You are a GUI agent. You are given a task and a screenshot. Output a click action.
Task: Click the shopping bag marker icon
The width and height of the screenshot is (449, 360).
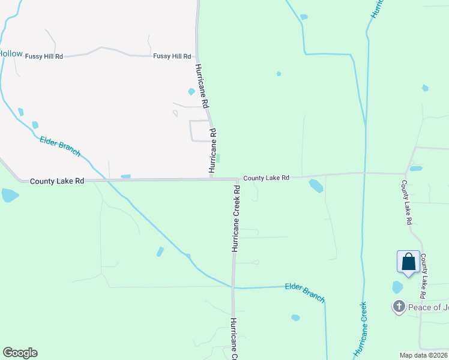408,262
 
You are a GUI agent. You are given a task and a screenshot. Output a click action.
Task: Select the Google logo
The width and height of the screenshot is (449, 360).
20,353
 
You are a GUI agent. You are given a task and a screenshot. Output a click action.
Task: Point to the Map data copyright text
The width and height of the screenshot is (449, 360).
424,355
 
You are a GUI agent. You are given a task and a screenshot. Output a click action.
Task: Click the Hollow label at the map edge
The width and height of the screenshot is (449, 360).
11,54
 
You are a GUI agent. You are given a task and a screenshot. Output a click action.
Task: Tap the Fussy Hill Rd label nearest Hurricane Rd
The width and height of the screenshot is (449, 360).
172,56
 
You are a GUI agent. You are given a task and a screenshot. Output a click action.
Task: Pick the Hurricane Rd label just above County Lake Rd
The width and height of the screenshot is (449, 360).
212,150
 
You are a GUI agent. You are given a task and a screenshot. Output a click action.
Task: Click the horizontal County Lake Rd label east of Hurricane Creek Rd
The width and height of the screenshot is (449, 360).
266,178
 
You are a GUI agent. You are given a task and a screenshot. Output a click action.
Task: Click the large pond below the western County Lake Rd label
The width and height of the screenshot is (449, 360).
10,195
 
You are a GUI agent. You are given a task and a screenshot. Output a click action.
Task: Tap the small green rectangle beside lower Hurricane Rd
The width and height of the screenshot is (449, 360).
217,158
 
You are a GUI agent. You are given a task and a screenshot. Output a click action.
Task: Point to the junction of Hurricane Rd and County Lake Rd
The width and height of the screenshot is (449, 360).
211,179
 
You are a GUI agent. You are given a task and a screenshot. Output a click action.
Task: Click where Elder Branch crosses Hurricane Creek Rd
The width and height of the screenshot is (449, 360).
234,287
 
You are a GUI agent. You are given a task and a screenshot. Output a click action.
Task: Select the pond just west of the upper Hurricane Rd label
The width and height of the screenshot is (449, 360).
191,92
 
